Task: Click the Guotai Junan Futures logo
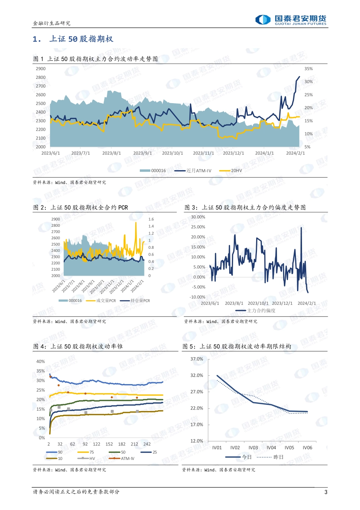coord(291,20)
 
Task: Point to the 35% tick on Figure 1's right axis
coord(308,69)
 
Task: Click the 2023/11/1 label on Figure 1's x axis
coord(203,153)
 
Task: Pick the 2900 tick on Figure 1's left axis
coord(41,69)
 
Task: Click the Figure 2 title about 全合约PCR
coord(81,207)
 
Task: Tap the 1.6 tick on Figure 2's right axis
coord(151,219)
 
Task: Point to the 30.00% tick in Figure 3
coord(198,217)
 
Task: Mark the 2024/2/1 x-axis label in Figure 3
coord(307,303)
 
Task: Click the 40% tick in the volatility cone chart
coord(41,361)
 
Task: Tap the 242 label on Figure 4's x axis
coord(147,444)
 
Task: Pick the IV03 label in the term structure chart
coord(253,448)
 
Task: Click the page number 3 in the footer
coord(326,492)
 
